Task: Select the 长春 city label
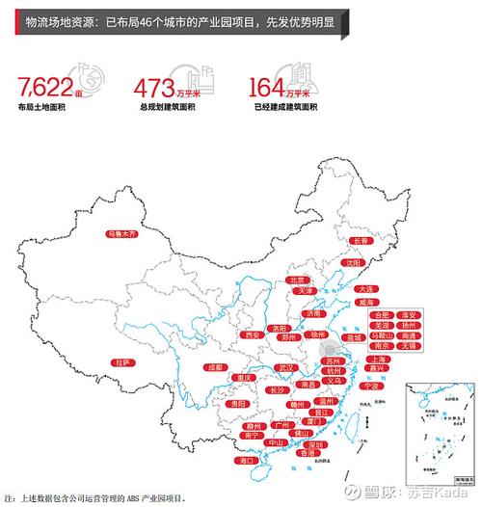[x=361, y=241]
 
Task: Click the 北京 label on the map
[x=296, y=280]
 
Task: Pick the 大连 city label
[x=365, y=289]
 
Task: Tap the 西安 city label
[x=254, y=335]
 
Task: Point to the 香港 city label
[x=308, y=452]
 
